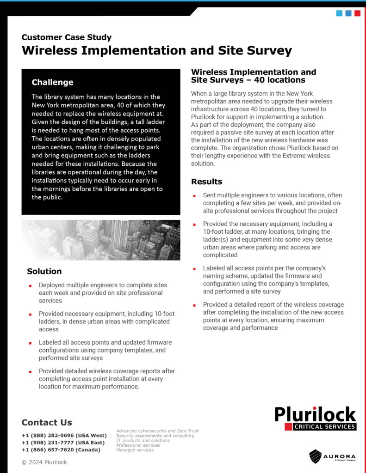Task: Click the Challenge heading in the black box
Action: point(52,82)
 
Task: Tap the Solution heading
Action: point(44,271)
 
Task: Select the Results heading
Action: point(206,182)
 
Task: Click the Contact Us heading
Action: point(47,422)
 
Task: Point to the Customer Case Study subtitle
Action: point(67,37)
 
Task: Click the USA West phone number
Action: point(64,436)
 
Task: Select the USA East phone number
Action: point(63,443)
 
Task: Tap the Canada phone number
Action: point(61,449)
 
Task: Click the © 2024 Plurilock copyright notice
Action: point(44,462)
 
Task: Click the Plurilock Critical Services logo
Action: point(315,418)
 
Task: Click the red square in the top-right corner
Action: point(357,13)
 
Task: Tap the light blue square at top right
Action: point(340,13)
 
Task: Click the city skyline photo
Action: point(101,240)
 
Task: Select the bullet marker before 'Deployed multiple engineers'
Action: point(31,285)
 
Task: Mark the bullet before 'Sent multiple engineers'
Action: point(195,196)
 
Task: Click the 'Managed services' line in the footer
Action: point(135,450)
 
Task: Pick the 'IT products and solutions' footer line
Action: point(143,441)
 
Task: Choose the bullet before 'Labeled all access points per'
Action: point(195,268)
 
